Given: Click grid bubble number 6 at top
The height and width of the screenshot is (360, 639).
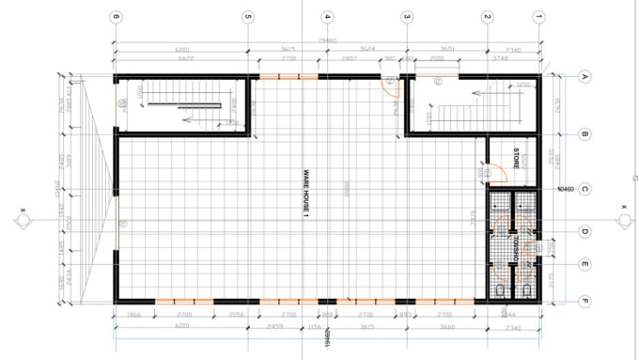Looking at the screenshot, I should coord(116,16).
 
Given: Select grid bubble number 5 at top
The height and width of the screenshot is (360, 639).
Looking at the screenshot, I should coord(248,16).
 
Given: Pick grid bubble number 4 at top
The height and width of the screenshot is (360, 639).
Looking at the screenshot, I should coord(327,16).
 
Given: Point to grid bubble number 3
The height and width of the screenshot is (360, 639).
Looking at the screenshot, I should coord(407,16).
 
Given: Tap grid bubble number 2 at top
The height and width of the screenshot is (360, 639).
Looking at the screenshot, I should coord(487,16).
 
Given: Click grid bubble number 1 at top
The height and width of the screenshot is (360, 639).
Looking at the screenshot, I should coord(539,16).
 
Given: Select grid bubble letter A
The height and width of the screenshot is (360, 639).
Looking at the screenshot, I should coord(584,77).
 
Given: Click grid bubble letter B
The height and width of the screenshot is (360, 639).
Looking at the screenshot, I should coord(584,134).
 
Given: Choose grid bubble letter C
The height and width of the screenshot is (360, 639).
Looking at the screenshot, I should coord(584,189).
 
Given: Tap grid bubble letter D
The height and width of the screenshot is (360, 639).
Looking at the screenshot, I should coord(584,231).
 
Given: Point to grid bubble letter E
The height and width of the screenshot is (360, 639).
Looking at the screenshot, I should coord(584,265).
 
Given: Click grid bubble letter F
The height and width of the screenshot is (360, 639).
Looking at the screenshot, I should coord(584,302).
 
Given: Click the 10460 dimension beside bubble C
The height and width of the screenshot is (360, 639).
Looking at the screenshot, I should coord(565,189).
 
